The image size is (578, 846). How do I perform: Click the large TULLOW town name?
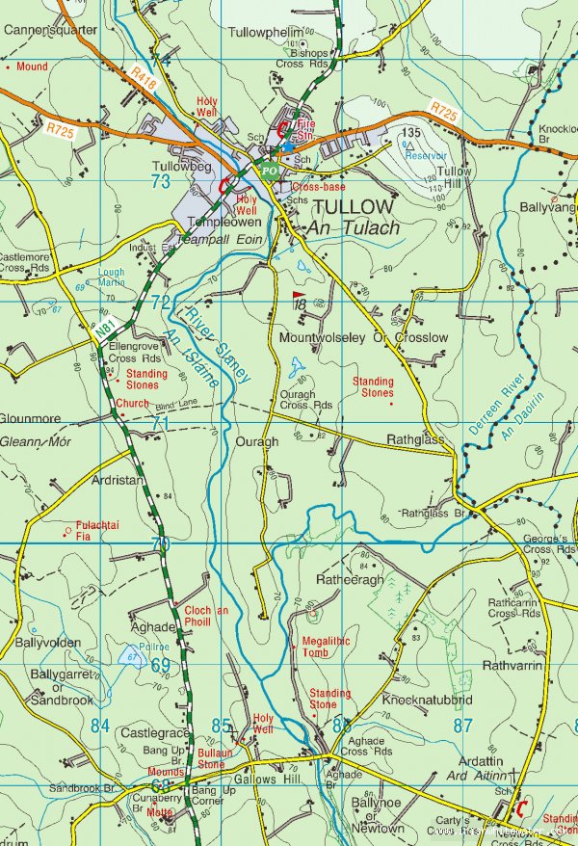click(x=354, y=207)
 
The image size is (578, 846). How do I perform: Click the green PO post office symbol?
click(x=270, y=171)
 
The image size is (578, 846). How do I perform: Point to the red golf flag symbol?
click(x=298, y=297)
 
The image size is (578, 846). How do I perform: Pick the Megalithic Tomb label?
click(x=327, y=647)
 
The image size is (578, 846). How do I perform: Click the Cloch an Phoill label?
click(x=205, y=616)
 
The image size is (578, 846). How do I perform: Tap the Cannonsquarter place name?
click(x=50, y=30)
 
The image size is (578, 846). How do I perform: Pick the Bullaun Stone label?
click(x=212, y=757)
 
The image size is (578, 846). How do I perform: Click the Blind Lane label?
click(x=174, y=406)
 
